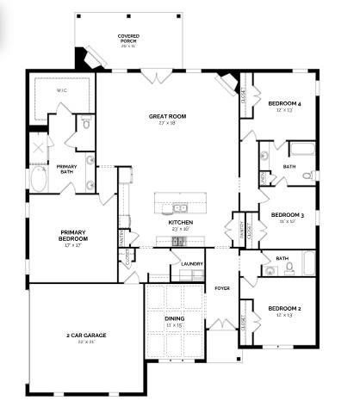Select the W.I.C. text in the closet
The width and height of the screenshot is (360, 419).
coord(61,90)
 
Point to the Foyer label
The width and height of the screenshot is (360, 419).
coord(221,287)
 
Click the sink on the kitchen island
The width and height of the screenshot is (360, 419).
coord(180,207)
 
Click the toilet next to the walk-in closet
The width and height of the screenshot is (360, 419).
coord(87,125)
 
